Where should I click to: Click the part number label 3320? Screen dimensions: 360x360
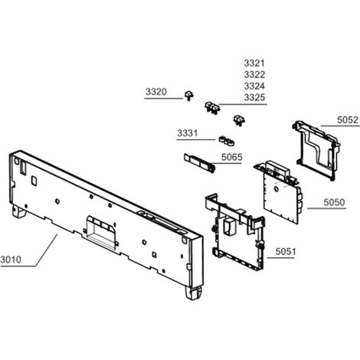pos(156,92)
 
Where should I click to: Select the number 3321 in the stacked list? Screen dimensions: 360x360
pos(254,63)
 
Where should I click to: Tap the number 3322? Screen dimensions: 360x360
pos(254,74)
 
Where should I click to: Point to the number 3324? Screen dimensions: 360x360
pos(254,86)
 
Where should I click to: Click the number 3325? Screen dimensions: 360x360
pos(254,97)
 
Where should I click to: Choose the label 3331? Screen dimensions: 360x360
pos(188,133)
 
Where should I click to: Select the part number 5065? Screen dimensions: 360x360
pos(231,157)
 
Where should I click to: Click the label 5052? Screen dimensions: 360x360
pos(348,119)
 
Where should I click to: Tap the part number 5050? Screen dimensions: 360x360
pos(334,202)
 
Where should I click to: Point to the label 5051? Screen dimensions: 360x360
pos(286,252)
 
